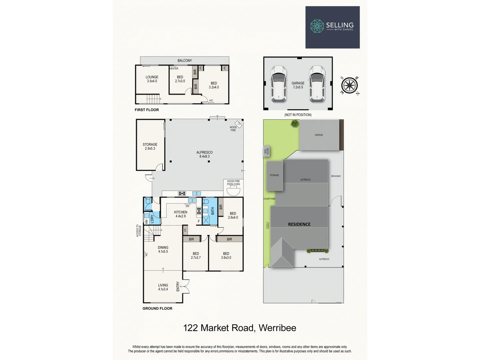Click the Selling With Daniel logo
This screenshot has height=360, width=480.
coord(332,27)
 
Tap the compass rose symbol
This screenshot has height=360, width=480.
coord(349,85)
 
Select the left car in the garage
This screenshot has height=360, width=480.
coord(278,84)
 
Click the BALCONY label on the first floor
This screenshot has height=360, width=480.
coord(185,61)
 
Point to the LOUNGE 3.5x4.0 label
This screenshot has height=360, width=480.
coord(152,79)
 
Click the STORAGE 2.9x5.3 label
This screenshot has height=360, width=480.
coord(150,146)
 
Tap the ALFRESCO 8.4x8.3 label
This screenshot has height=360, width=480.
coord(204,154)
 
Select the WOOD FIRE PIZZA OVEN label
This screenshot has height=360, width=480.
coord(233,183)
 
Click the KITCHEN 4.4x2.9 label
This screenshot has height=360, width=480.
coord(181,214)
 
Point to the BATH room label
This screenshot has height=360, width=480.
coord(213,211)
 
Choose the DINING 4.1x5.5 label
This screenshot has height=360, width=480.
coord(163,249)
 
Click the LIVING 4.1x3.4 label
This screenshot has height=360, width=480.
coord(163,287)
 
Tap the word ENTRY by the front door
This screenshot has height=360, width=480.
coord(178,286)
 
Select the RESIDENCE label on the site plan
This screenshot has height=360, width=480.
coord(299,224)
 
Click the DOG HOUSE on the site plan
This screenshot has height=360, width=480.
coord(267,151)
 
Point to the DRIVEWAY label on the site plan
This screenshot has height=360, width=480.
coord(336,176)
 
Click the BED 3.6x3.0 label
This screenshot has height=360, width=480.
coord(226,255)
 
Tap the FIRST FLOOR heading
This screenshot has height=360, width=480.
coord(147,110)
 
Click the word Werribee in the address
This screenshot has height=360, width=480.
coord(277,328)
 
